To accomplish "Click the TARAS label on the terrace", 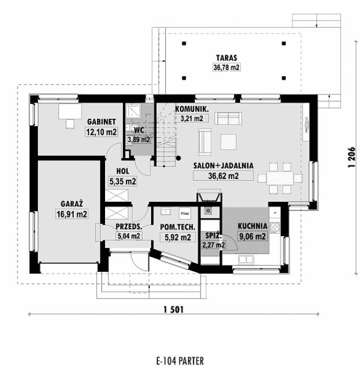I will (x=225, y=57).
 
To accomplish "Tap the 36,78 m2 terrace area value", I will (x=225, y=67).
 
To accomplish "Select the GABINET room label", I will (x=102, y=122).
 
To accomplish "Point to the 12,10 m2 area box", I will (x=102, y=132).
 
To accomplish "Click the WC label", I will (x=139, y=130).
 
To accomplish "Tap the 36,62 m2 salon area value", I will (x=223, y=176).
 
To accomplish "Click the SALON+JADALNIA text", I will (x=223, y=165).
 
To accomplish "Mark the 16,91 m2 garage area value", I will (x=72, y=214).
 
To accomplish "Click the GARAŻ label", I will (x=72, y=204).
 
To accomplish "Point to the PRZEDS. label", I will (x=128, y=226).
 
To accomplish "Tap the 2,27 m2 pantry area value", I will (x=214, y=245).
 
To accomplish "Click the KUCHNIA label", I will (x=253, y=225).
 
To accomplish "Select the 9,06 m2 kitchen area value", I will (x=253, y=236).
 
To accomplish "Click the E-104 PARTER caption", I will (x=179, y=360).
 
